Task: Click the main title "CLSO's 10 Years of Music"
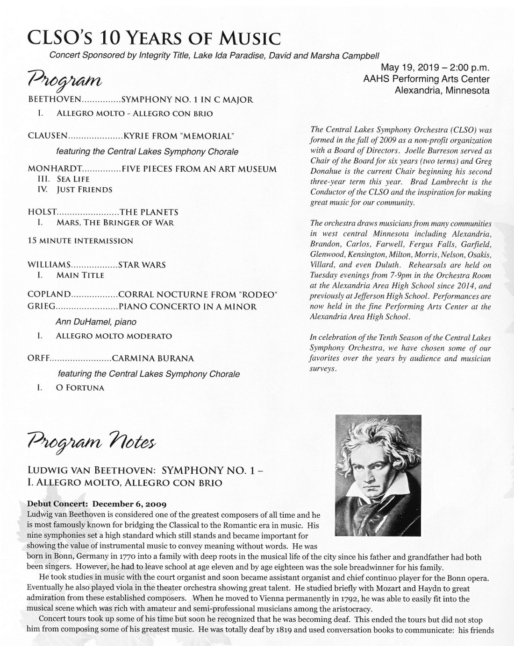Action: (x=154, y=37)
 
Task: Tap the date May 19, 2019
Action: (x=412, y=68)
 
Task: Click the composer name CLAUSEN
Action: (x=48, y=136)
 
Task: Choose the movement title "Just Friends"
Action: (x=84, y=190)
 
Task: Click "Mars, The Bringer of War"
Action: (x=115, y=223)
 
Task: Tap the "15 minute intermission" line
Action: (x=80, y=241)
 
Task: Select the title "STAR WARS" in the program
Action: (x=142, y=265)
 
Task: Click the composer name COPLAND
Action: (x=49, y=295)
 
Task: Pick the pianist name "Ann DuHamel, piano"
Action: (x=96, y=322)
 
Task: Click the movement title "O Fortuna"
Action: (x=80, y=387)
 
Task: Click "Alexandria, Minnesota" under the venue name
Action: (x=442, y=90)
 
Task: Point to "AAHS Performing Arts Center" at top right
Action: (x=426, y=79)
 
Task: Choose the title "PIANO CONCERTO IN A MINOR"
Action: (x=188, y=307)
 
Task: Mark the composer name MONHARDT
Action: (x=55, y=169)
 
